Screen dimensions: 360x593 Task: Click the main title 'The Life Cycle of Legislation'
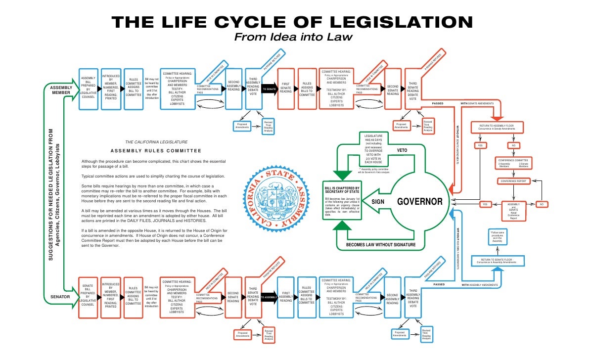click(x=292, y=22)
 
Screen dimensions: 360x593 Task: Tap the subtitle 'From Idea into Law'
click(x=292, y=38)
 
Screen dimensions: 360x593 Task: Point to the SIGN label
click(x=378, y=202)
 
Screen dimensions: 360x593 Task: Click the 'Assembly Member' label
click(x=61, y=90)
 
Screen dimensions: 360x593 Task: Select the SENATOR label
click(x=60, y=297)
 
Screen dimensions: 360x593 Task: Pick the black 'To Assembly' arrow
click(x=269, y=297)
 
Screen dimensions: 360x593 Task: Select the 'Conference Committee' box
click(x=513, y=163)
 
